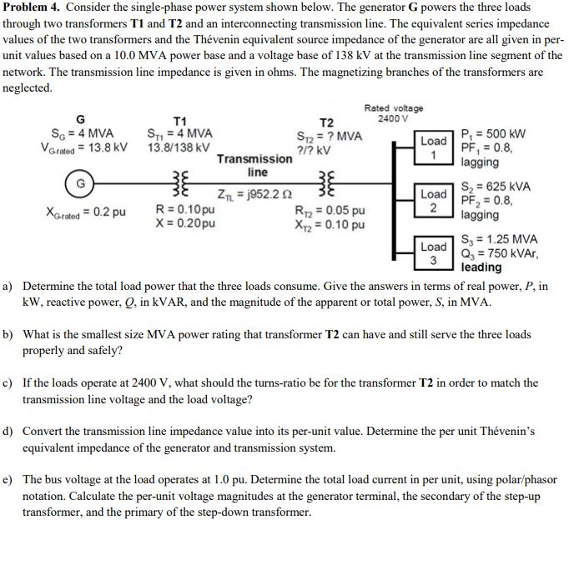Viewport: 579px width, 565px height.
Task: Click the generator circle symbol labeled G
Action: click(79, 182)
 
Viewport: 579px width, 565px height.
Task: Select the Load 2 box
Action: click(434, 200)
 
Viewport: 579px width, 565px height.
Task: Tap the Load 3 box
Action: click(434, 252)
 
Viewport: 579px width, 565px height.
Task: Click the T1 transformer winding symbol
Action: click(177, 182)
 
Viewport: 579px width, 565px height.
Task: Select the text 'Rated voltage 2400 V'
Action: click(394, 113)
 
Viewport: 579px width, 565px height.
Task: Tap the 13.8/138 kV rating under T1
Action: click(179, 147)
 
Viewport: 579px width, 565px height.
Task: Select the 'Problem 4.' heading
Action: click(30, 8)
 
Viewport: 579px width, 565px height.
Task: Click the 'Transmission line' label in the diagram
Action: click(255, 165)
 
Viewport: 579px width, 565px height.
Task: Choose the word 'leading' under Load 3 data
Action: click(482, 267)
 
